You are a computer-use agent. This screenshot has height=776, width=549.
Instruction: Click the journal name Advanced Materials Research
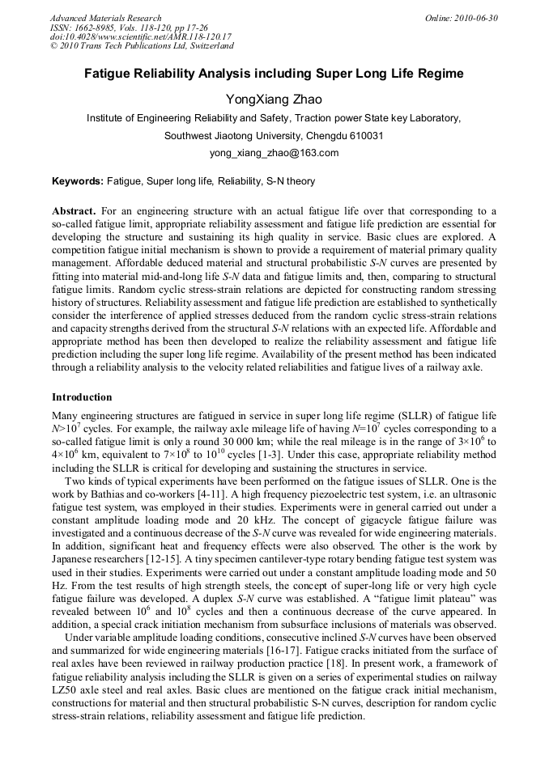(x=105, y=18)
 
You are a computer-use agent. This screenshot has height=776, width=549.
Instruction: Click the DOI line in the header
(x=141, y=36)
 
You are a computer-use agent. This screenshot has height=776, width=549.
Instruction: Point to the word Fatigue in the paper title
(x=110, y=74)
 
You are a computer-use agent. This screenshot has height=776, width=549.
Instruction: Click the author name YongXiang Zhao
(x=274, y=100)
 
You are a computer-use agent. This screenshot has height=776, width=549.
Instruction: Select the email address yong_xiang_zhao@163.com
(x=274, y=152)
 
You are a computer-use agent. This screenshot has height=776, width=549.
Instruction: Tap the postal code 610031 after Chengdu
(x=366, y=135)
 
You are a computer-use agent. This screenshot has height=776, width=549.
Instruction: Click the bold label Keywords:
(x=78, y=181)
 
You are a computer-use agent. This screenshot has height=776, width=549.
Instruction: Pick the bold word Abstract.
(x=74, y=210)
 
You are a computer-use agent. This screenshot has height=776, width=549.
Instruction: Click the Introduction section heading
(x=82, y=397)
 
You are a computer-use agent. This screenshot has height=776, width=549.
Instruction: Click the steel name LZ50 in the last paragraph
(x=66, y=689)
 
